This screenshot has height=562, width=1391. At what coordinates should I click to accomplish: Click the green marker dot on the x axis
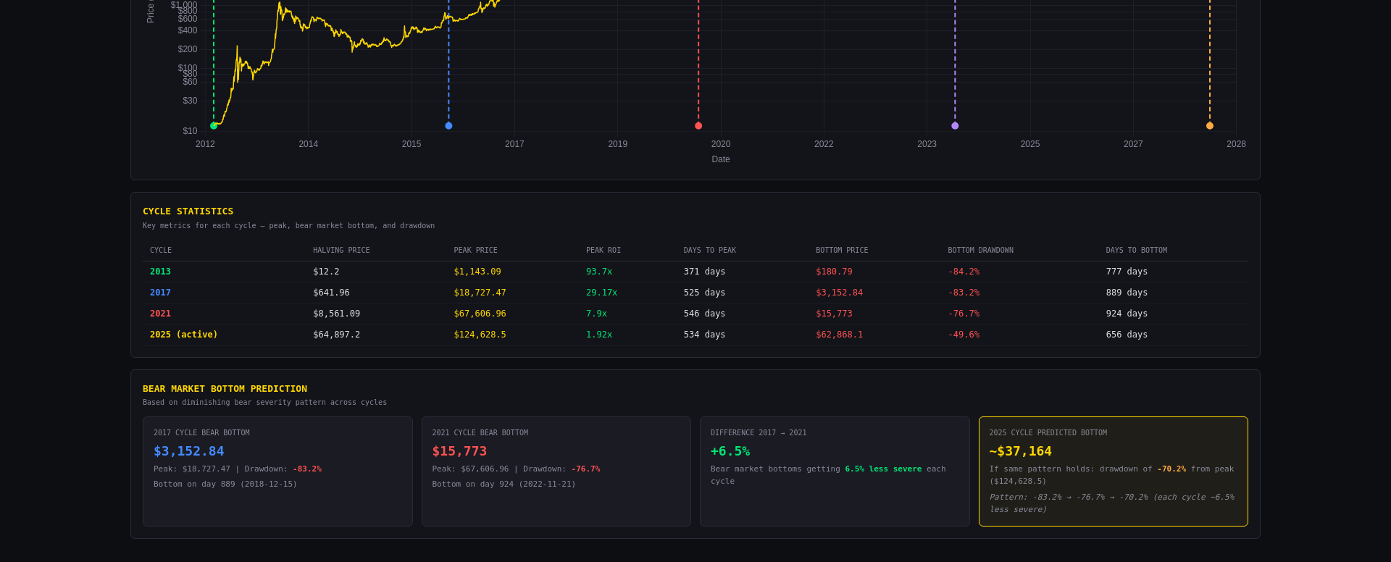coord(214,126)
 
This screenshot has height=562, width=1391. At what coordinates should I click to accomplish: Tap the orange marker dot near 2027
coord(1210,126)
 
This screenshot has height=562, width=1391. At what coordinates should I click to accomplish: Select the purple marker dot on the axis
coord(955,126)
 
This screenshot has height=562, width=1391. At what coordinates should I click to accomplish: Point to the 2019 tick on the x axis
coord(618,144)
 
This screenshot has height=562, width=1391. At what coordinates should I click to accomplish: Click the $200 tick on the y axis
coord(188,49)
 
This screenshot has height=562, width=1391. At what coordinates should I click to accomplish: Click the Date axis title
coord(721,159)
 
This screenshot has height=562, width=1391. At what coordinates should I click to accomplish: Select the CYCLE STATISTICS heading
coord(188,211)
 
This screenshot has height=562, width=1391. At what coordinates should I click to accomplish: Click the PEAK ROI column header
coord(603,251)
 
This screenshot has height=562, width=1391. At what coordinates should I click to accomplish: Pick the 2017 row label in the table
coord(160,293)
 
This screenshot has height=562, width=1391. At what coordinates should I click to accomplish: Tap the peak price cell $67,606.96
coord(480,314)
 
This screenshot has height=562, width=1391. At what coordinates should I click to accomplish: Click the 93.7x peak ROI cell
coord(599,272)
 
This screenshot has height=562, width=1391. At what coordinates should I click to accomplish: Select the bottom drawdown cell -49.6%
coord(964,335)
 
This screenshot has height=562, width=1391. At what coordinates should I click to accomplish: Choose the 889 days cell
coord(1127,293)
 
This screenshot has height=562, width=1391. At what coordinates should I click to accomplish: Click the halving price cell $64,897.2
coord(336,335)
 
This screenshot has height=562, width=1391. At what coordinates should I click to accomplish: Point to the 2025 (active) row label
coord(183,335)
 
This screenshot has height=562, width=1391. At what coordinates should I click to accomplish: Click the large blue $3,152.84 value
coord(189,451)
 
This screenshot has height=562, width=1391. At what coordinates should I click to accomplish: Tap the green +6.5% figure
coord(730,451)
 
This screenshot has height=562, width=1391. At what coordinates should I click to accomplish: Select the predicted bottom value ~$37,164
coord(1020,451)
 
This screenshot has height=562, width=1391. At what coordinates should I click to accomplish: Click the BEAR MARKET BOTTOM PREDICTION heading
coord(225,389)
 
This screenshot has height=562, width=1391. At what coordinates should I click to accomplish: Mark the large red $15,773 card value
coord(459,451)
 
